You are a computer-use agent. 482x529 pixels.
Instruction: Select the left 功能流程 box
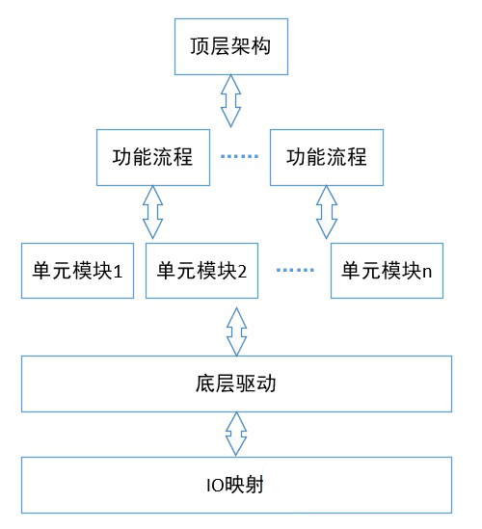pos(152,157)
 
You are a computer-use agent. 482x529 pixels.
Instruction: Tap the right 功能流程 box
pos(318,157)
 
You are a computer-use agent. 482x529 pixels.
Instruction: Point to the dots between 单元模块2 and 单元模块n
pos(296,271)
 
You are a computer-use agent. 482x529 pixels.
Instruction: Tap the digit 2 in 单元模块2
pos(243,271)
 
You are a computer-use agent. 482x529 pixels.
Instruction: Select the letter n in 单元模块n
pos(425,271)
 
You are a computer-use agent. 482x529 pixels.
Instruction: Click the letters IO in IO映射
pos(215,485)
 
